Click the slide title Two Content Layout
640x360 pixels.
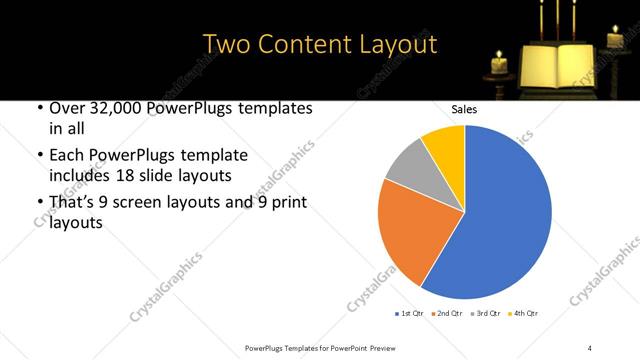coord(320,44)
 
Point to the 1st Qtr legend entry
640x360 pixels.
coord(410,313)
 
